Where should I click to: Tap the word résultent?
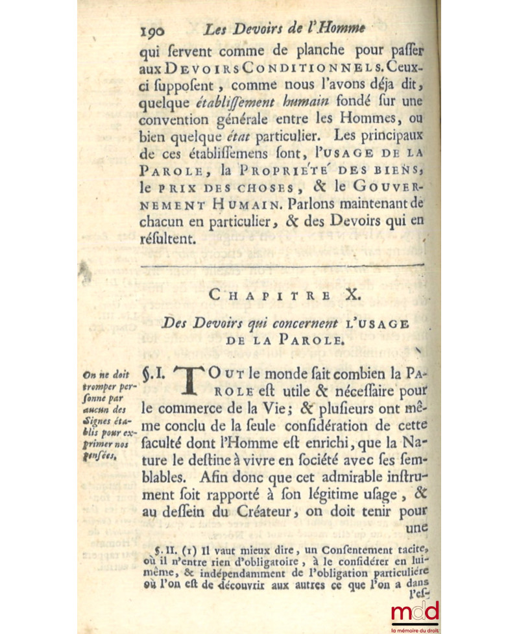167,238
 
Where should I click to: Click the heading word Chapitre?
261,294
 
